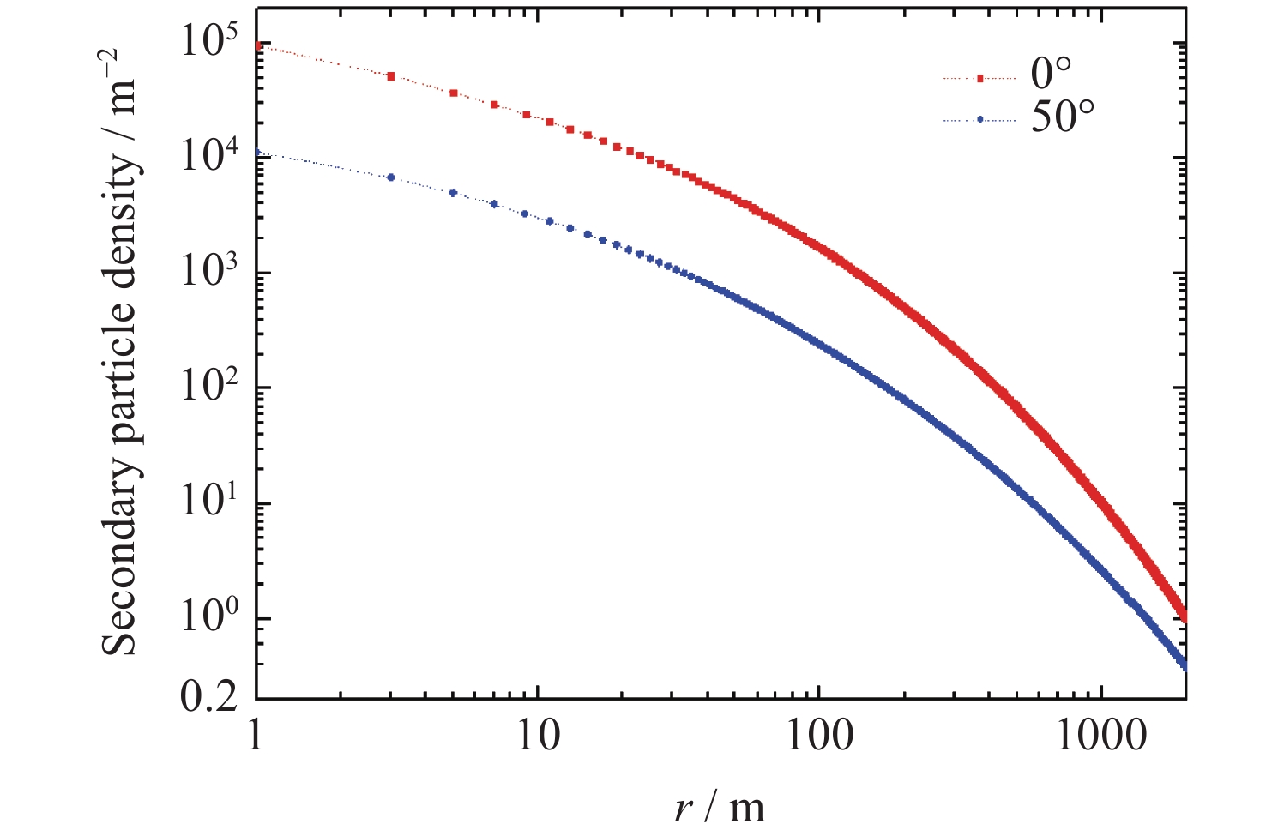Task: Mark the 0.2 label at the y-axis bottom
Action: pyautogui.click(x=208, y=698)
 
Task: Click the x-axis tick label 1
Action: pyautogui.click(x=255, y=736)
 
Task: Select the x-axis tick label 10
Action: pyautogui.click(x=538, y=736)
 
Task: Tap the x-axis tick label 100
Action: pyautogui.click(x=820, y=736)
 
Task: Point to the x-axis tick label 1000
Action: pyautogui.click(x=1101, y=736)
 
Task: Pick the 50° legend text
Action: pyautogui.click(x=1064, y=117)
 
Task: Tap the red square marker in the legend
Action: pyautogui.click(x=980, y=78)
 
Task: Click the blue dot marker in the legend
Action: pyautogui.click(x=980, y=121)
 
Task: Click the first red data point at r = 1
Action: pyautogui.click(x=258, y=45)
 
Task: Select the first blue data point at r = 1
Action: pyautogui.click(x=258, y=153)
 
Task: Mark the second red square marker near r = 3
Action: pyautogui.click(x=391, y=76)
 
